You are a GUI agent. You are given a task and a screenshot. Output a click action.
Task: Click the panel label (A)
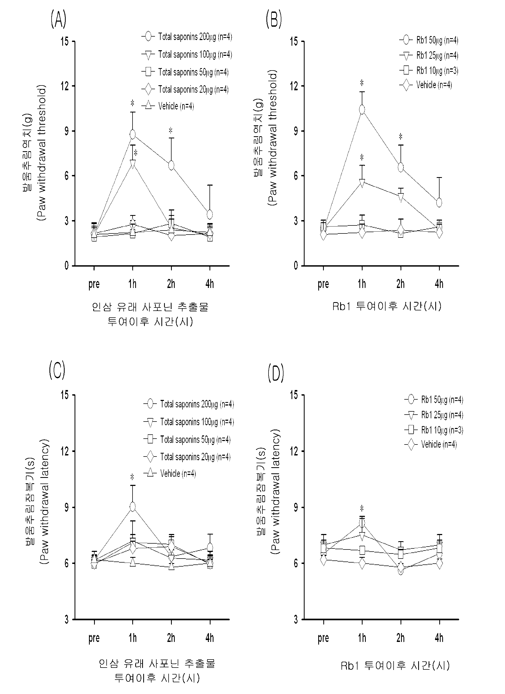pos(58,19)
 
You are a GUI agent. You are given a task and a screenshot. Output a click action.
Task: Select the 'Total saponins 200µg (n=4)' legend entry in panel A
pos(187,37)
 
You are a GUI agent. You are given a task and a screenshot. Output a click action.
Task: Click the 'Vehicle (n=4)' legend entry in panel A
pos(168,106)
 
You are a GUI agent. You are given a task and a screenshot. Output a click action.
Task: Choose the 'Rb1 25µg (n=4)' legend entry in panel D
pos(434,415)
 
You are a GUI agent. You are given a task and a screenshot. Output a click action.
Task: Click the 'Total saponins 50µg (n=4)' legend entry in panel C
pos(187,440)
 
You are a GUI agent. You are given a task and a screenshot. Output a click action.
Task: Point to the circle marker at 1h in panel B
pos(362,110)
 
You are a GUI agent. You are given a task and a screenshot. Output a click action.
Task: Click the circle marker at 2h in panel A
pos(171,165)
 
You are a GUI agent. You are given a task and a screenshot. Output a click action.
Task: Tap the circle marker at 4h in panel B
pos(439,202)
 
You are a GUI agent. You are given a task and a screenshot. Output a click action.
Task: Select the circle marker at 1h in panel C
pos(133,507)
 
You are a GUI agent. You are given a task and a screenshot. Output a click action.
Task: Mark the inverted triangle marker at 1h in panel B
pos(362,183)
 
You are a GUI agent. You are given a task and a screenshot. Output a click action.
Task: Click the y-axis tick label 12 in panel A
pos(65,86)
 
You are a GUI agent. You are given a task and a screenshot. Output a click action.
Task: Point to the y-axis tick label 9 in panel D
pos(296,507)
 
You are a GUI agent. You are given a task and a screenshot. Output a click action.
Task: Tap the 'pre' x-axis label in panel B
pos(323,284)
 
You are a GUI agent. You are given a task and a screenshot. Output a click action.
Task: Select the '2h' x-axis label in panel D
pos(401,638)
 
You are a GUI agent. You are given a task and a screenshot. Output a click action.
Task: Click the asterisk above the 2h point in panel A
pos(170,131)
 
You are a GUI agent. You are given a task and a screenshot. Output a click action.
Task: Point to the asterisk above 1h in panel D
pos(362,508)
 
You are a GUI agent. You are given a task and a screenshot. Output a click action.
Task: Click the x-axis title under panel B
pos(387,306)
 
